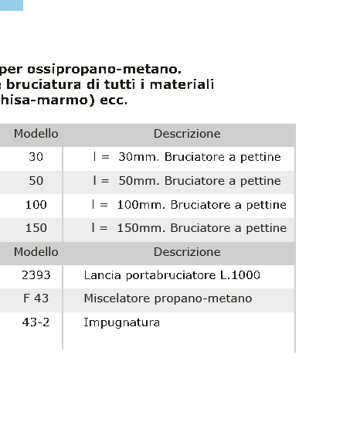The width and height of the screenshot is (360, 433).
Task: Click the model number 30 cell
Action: tap(36, 157)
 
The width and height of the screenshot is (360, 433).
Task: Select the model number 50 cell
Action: tap(36, 181)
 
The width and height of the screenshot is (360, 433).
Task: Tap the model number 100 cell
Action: tap(36, 205)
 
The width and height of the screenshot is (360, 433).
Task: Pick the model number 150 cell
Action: tap(36, 228)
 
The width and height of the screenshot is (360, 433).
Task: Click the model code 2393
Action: tap(36, 275)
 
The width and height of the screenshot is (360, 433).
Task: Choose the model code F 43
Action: tap(36, 298)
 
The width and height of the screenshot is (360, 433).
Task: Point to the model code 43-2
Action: tap(36, 322)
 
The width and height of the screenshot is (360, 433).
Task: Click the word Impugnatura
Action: tap(121, 322)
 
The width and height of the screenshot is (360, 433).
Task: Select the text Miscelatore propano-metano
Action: tap(168, 298)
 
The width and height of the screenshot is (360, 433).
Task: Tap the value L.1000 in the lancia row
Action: tap(240, 275)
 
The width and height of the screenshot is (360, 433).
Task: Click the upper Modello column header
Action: tap(36, 134)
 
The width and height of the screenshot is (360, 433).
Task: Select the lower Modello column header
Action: tap(36, 252)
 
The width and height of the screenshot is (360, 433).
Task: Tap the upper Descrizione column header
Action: tap(187, 134)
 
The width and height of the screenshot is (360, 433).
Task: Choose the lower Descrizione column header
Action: tap(187, 252)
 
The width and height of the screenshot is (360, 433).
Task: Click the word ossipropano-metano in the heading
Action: tap(104, 70)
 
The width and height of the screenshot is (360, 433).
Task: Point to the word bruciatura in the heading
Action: tap(43, 84)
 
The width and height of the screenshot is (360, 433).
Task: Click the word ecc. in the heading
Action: tap(114, 101)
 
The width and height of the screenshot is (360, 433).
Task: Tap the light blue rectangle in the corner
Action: tap(12, 5)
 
